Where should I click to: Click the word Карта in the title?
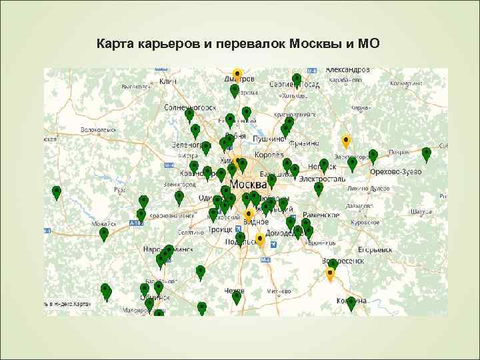coord(116,45)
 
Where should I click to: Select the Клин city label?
coord(167,81)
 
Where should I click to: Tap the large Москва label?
coord(247,183)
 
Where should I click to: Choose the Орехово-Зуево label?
coord(396,171)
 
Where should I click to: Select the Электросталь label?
coord(321,179)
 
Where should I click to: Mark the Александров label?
coord(347,70)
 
